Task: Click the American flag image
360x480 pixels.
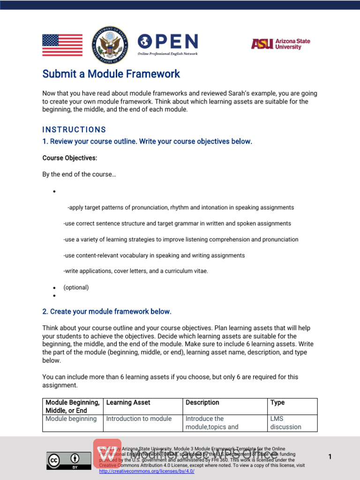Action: click(62, 45)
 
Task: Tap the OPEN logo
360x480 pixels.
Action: click(168, 44)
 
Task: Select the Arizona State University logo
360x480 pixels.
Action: click(280, 44)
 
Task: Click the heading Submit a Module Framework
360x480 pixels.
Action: click(111, 74)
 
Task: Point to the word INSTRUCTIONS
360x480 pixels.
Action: click(74, 130)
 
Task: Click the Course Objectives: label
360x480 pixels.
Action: click(70, 158)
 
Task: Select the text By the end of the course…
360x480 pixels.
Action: click(79, 174)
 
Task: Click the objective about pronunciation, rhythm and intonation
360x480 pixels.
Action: click(180, 207)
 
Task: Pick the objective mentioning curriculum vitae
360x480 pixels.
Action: click(135, 271)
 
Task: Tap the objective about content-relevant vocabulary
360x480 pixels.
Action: click(154, 255)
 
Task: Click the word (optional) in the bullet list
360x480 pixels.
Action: click(76, 287)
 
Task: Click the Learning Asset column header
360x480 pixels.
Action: click(128, 403)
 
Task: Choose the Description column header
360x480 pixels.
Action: click(202, 403)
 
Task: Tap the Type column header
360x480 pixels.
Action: click(277, 403)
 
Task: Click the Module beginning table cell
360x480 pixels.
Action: click(71, 419)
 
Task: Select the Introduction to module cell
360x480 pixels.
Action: click(139, 419)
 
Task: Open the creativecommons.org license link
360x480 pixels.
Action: click(147, 471)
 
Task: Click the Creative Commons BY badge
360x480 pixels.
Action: click(68, 460)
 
